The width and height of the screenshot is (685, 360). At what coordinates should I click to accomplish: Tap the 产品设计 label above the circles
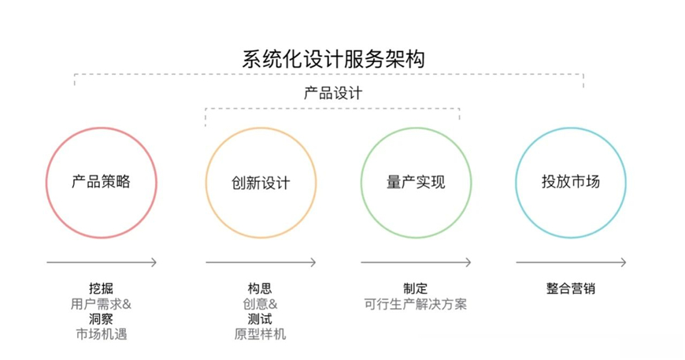click(333, 92)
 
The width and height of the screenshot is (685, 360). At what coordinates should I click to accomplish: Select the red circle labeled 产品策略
click(101, 182)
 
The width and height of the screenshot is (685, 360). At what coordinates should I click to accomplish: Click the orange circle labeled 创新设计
click(261, 183)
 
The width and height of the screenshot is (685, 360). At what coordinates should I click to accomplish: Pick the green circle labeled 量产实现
click(416, 182)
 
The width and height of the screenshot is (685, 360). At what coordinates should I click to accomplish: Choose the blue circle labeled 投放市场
click(571, 182)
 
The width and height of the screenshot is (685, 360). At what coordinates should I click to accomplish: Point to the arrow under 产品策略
click(102, 262)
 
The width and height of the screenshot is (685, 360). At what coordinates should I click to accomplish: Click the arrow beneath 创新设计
click(261, 262)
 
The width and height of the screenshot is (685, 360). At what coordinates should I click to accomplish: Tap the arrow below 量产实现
click(416, 262)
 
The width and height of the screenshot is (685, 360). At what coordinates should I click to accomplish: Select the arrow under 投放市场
click(571, 262)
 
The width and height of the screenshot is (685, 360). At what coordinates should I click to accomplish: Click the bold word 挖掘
click(102, 288)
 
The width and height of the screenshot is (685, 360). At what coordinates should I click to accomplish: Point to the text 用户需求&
click(102, 303)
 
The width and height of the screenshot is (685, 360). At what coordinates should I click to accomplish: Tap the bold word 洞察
click(102, 319)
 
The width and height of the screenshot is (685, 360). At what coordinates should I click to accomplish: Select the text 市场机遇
click(102, 334)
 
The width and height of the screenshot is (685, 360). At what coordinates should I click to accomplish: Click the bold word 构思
click(260, 288)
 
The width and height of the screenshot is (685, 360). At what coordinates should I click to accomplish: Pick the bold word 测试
click(260, 319)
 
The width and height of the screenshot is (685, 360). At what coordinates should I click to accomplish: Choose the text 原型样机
click(260, 334)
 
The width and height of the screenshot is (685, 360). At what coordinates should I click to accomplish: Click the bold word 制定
click(416, 288)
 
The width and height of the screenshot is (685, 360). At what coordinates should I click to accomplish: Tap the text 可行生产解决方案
click(416, 304)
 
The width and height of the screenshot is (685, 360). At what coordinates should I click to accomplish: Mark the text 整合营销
click(571, 288)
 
